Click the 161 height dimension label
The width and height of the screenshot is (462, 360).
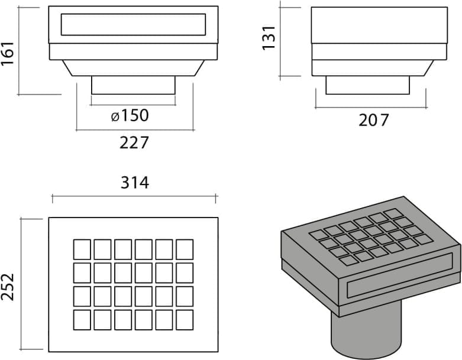point(8,53)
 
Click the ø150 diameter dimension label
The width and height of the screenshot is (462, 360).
point(130,115)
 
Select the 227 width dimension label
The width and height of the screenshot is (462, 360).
point(134,143)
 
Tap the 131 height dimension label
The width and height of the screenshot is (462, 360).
point(269,38)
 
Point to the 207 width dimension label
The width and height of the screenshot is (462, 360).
point(374,120)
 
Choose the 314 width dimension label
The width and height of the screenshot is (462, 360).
point(135,183)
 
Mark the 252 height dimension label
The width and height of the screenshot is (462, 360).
point(8,287)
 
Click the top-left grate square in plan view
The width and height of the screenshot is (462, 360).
point(82,249)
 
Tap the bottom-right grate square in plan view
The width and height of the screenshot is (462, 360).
point(185,320)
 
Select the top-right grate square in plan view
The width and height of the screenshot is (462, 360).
point(185,249)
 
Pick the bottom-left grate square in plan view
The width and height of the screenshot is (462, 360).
point(82,320)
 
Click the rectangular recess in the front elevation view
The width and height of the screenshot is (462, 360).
point(133,24)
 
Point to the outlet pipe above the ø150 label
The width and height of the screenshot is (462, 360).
point(133,85)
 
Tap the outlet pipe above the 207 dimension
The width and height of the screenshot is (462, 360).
point(367,85)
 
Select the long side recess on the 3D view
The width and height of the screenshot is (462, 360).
point(399,275)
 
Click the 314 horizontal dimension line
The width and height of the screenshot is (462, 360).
point(134,195)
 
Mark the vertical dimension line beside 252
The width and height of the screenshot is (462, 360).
point(21,284)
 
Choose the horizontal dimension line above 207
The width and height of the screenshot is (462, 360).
point(371,108)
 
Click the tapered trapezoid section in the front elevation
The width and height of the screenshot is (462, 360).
point(133,68)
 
